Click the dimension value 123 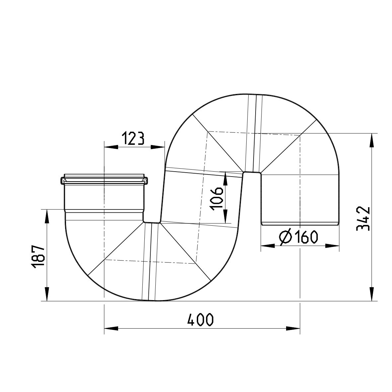[x=132, y=138]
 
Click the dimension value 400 [x=200, y=320]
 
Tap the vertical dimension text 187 [x=38, y=257]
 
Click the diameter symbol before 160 [x=285, y=237]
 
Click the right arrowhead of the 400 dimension [x=294, y=328]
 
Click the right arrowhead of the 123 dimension [x=158, y=147]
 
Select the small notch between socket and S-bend [x=152, y=221]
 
